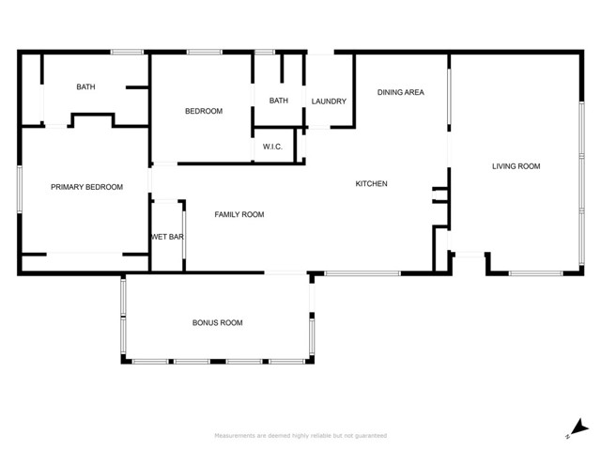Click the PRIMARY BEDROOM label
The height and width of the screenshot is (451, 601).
point(86,187)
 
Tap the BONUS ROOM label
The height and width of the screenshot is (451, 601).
point(217,323)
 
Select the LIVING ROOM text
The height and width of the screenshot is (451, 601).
point(516,166)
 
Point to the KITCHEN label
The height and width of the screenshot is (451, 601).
point(371,184)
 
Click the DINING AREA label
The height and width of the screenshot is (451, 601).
point(401,92)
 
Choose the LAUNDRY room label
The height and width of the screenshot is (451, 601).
point(329,101)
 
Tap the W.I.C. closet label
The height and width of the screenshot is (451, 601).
point(273,147)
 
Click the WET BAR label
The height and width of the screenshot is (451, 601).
point(167,237)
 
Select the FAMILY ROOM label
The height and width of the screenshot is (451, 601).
point(239,215)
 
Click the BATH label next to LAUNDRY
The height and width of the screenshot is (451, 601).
point(279,101)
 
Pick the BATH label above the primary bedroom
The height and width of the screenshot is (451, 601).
point(85,87)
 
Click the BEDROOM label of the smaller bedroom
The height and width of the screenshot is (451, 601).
point(203,112)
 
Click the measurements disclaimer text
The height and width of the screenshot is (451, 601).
point(300,436)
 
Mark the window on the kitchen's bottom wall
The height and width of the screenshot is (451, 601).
point(362,273)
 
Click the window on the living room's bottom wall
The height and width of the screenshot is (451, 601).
point(535,273)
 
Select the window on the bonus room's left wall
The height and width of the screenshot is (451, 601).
point(122,319)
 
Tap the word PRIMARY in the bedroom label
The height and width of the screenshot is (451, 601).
point(68,187)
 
